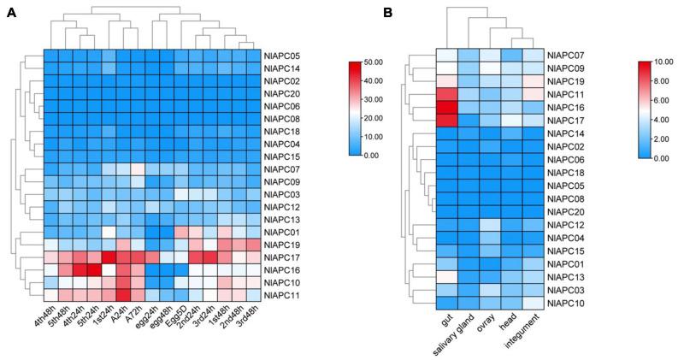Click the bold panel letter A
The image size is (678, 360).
[11, 13]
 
